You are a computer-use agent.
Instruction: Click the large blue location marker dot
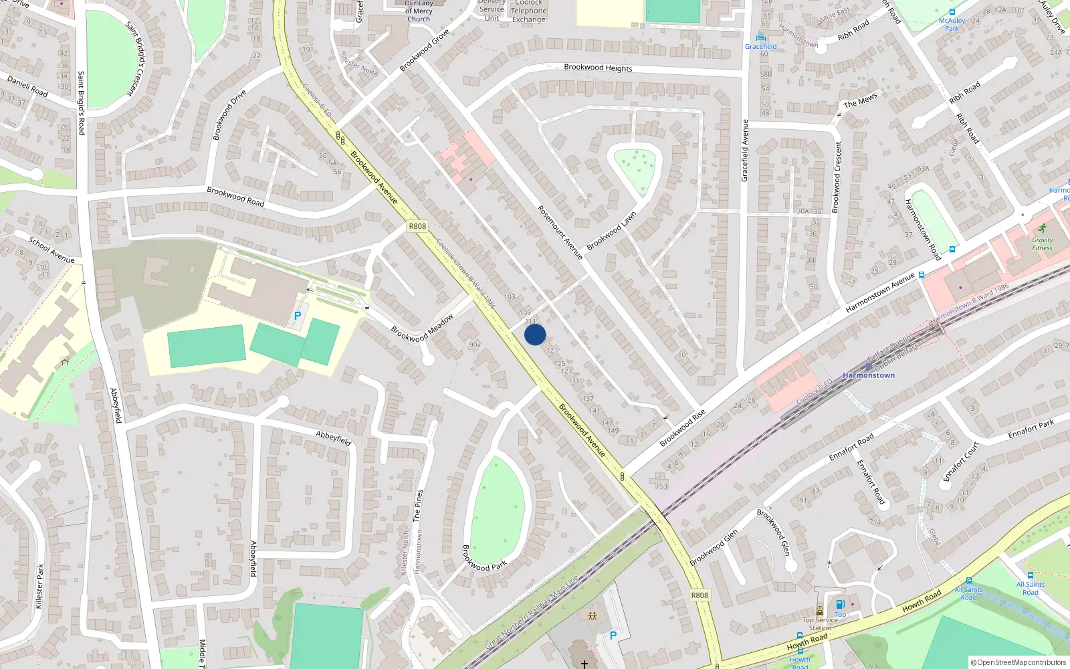[535, 334]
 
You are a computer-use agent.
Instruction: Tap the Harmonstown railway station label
[868, 375]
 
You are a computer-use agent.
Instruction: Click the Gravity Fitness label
[1042, 244]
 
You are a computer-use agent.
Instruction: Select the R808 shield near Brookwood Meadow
[417, 226]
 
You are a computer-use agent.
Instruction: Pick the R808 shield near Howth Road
[700, 595]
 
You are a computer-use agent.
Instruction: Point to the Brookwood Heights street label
[598, 68]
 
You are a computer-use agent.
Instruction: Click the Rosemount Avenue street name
[560, 232]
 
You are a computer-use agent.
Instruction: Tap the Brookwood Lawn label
[611, 231]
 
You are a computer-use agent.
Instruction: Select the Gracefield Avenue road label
[744, 151]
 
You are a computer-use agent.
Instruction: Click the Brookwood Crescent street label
[837, 177]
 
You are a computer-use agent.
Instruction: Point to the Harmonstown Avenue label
[879, 293]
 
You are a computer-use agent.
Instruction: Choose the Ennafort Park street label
[1031, 429]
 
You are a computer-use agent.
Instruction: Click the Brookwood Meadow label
[422, 328]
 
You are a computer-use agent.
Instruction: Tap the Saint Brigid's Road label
[81, 103]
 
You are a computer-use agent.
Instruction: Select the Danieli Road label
[27, 86]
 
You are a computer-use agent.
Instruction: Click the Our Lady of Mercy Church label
[419, 11]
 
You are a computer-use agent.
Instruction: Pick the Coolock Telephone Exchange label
[528, 11]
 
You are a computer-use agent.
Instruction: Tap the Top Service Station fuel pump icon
[840, 604]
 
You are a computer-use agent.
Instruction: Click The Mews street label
[860, 101]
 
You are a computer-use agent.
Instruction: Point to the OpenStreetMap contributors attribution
[1019, 662]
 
